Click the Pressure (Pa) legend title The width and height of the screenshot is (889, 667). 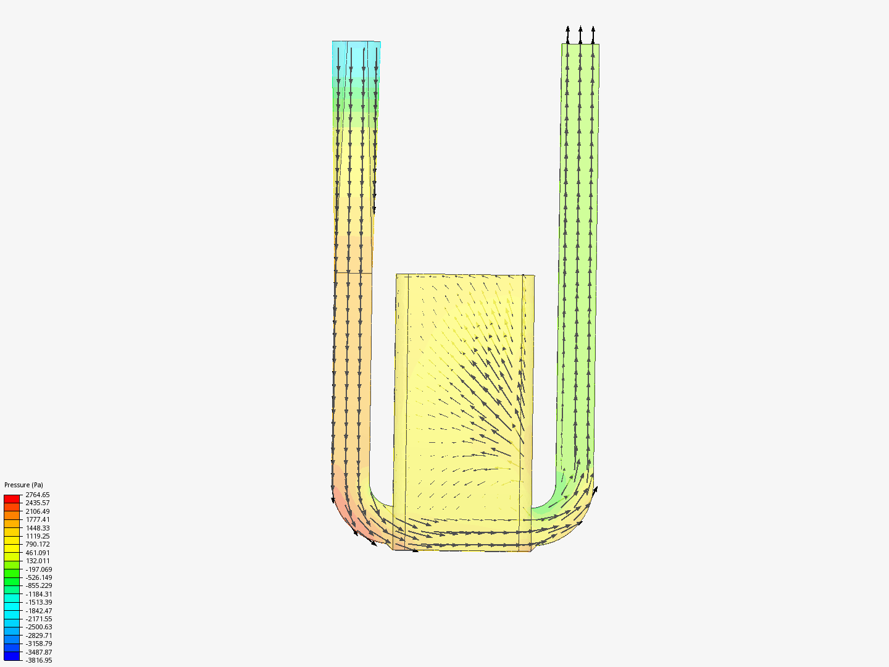23,485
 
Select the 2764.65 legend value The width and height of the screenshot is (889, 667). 38,495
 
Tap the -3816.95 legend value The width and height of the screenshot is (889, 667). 39,661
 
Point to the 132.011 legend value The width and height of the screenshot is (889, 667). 38,561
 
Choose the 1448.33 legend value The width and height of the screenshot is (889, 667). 38,527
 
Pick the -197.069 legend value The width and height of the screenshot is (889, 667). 39,569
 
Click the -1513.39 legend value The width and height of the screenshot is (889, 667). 39,602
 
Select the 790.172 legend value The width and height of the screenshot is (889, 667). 38,544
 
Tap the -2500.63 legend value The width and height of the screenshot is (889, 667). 39,627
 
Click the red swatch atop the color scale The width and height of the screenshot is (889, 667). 12,499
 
